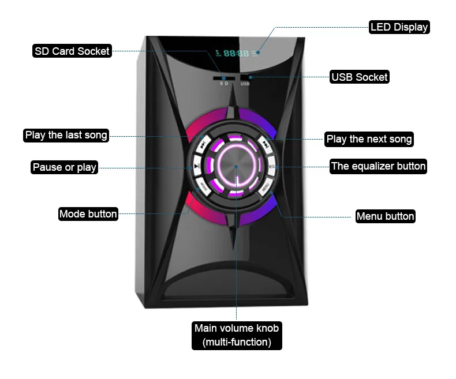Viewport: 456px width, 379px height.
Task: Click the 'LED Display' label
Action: (399, 27)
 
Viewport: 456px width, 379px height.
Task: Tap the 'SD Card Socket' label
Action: (72, 51)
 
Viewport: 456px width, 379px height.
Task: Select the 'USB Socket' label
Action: (360, 77)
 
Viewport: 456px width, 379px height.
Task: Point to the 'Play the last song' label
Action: (66, 136)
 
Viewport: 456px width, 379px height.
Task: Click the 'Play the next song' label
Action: (369, 139)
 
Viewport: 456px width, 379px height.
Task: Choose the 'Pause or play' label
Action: (64, 168)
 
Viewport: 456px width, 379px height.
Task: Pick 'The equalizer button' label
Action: (378, 167)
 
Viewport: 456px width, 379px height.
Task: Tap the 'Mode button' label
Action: (88, 214)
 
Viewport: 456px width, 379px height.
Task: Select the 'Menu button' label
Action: (385, 216)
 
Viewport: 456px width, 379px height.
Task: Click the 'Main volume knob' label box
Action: (237, 335)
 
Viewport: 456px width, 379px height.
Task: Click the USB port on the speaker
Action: (245, 77)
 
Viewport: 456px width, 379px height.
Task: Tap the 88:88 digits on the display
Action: (236, 53)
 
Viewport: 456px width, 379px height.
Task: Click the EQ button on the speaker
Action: (271, 167)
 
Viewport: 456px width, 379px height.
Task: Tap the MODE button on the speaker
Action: (203, 186)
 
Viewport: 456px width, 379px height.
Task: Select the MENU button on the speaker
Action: (265, 187)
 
